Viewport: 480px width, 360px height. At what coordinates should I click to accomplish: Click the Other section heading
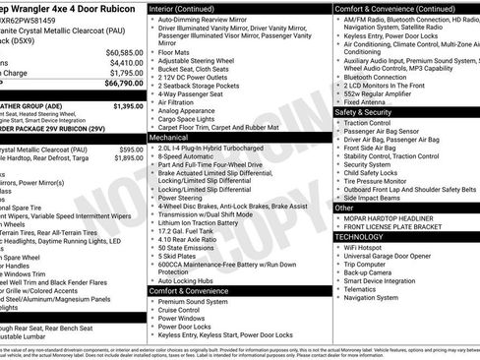point(344,208)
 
